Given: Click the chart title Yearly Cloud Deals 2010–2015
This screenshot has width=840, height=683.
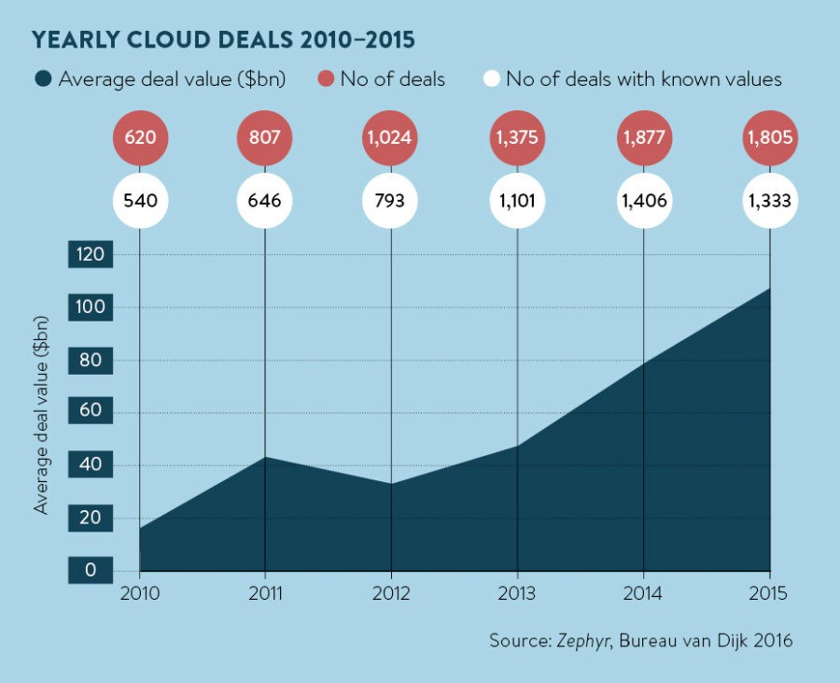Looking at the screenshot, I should pyautogui.click(x=224, y=41).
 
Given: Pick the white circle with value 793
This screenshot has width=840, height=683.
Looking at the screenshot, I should pyautogui.click(x=391, y=200).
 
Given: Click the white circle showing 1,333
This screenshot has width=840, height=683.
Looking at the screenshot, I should pyautogui.click(x=769, y=200).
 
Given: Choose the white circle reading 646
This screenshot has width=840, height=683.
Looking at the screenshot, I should pyautogui.click(x=265, y=200).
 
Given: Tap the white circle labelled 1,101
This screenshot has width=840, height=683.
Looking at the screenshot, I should pyautogui.click(x=517, y=200).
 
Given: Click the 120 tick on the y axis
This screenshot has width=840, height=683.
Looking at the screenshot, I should pyautogui.click(x=91, y=255).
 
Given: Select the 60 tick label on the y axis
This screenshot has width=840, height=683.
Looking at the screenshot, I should pyautogui.click(x=91, y=412).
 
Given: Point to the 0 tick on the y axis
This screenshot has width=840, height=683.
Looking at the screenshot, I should pyautogui.click(x=91, y=570).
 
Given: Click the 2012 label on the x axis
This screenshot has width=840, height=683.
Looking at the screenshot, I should pyautogui.click(x=391, y=592).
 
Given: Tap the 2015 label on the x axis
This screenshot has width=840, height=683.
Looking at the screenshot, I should pyautogui.click(x=769, y=592).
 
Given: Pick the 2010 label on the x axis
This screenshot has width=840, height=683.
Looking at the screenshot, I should pyautogui.click(x=139, y=592).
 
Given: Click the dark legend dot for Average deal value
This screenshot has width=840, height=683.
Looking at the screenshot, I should pyautogui.click(x=42, y=79).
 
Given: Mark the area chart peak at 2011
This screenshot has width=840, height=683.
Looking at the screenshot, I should pyautogui.click(x=265, y=458).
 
